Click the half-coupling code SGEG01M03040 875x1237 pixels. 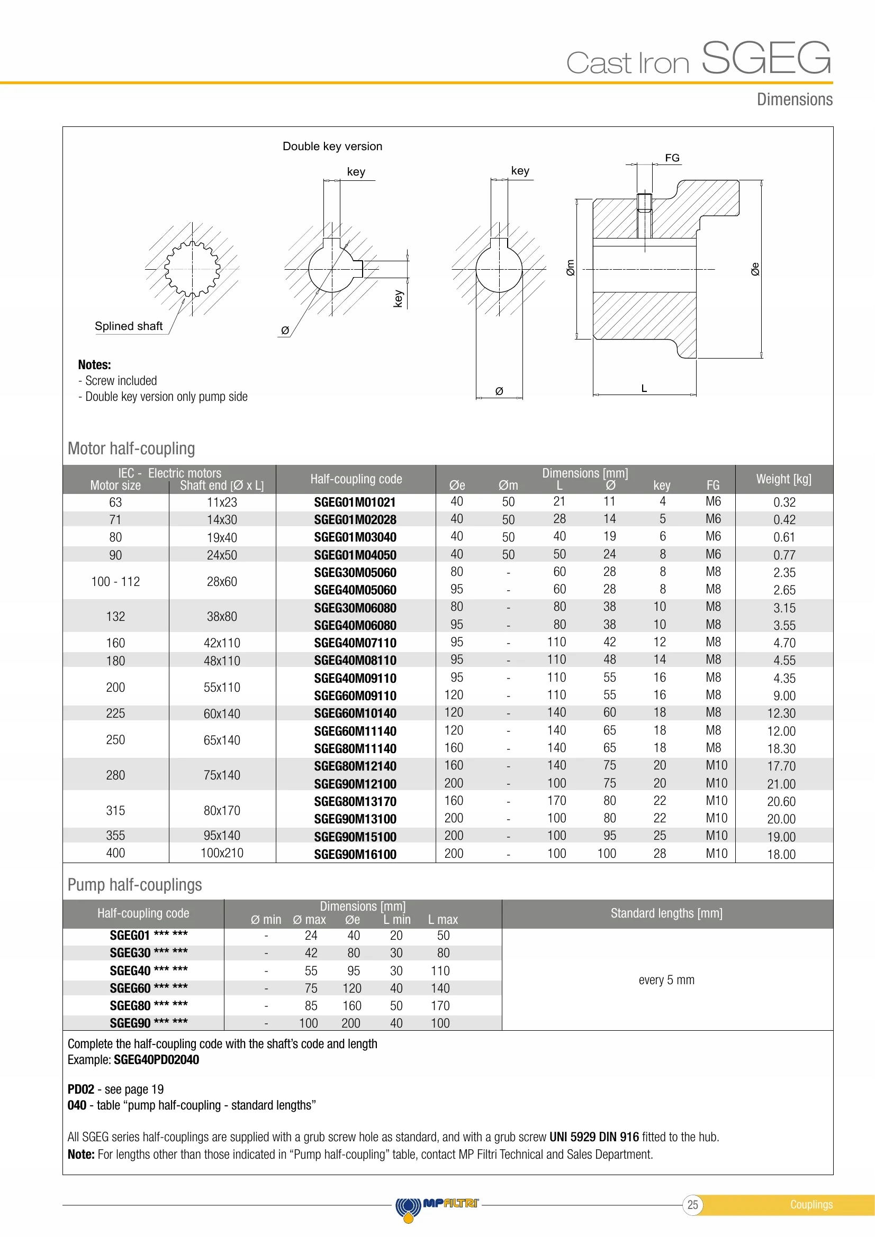355,537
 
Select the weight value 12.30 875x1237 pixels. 781,713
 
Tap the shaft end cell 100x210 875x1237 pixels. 222,853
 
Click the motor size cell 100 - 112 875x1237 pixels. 115,581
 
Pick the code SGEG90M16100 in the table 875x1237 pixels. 355,854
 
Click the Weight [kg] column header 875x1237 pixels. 783,479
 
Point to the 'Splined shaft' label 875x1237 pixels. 128,326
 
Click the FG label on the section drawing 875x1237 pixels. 672,158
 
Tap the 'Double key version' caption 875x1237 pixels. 332,146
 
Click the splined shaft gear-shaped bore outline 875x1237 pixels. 192,268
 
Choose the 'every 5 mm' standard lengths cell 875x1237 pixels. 666,979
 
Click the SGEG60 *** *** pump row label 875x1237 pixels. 148,988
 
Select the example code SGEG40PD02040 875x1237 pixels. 156,1060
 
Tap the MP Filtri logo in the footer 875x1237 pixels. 437,1205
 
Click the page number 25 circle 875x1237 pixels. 692,1205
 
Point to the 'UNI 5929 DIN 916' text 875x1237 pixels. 593,1137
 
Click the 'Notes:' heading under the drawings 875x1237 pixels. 94,365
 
